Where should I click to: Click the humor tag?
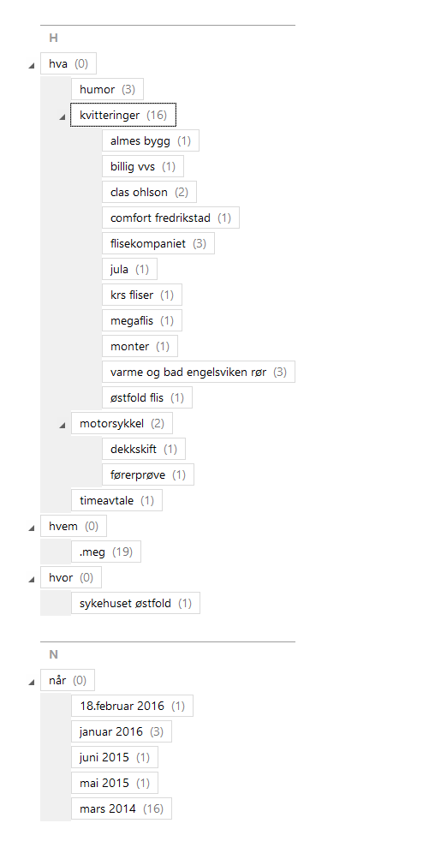point(107,89)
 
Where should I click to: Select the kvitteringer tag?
point(123,115)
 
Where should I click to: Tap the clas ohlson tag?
point(149,193)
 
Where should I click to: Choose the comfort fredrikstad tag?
point(170,218)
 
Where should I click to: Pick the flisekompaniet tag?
point(158,244)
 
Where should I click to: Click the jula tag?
point(129,270)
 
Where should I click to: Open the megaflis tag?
point(142,321)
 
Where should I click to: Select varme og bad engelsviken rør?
point(199,373)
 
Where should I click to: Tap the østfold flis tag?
point(146,397)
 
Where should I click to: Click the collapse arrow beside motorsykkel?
point(63,425)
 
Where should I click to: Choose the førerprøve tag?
point(148,475)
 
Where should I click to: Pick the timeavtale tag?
point(116,501)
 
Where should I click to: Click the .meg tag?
point(105,552)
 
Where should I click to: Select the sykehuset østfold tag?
point(135,603)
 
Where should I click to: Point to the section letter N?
point(53,654)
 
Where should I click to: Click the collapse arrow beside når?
point(32,682)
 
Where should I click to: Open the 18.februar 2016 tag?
point(132,707)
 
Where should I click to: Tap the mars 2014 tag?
point(121,808)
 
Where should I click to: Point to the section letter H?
point(53,38)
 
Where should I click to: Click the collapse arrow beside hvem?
point(32,528)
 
